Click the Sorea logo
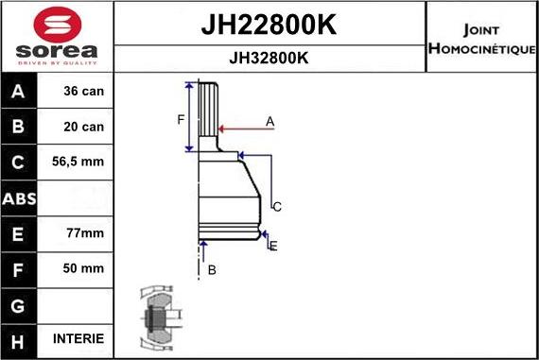coord(57,36)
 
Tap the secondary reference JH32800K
coord(269,58)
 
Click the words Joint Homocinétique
coord(481,36)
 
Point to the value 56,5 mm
coord(78,163)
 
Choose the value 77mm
coord(78,232)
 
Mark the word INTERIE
coord(78,338)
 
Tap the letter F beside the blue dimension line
coord(180,118)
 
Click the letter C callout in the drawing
coord(278,206)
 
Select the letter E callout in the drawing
coord(273,246)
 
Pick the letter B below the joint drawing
coord(212,269)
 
